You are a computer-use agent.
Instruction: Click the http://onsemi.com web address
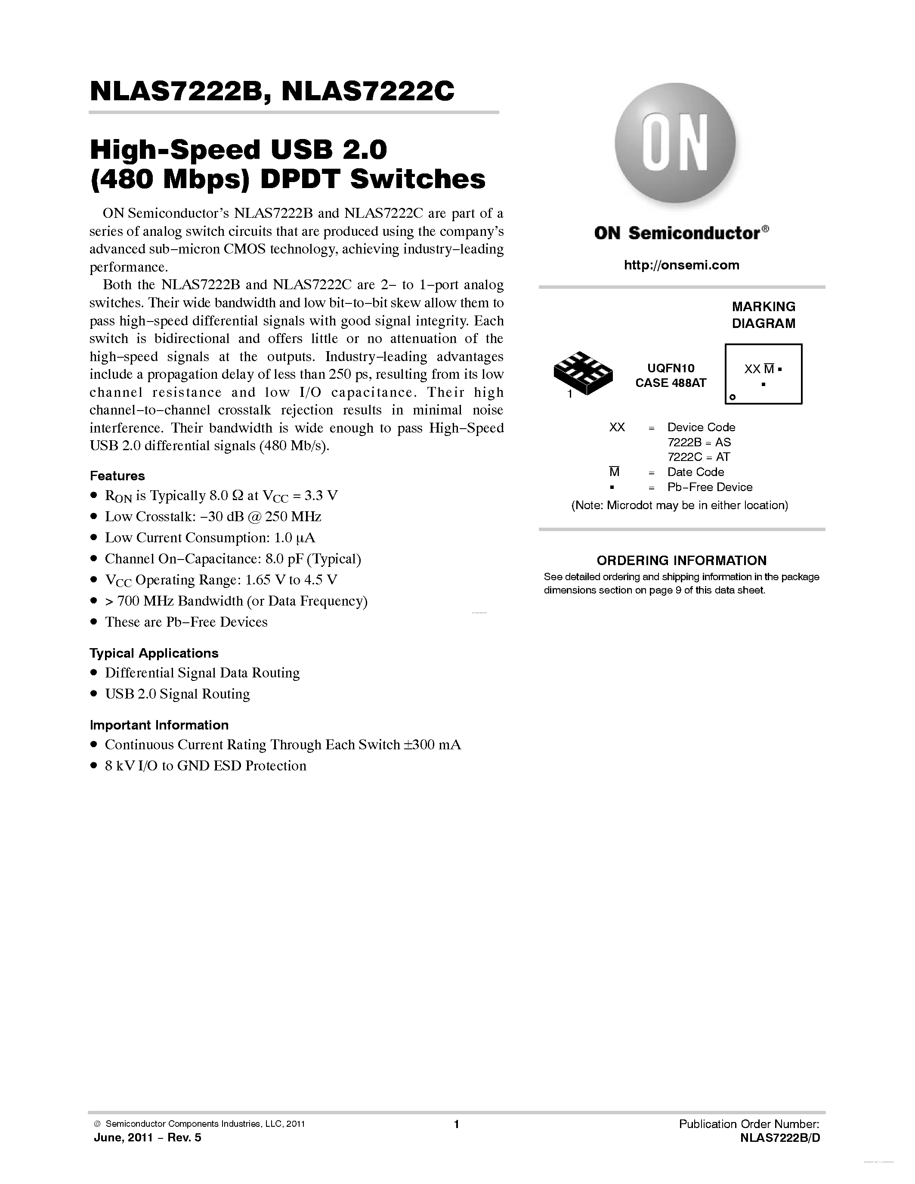(681, 265)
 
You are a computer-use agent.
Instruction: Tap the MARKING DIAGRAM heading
(763, 315)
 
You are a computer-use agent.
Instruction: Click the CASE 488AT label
(671, 383)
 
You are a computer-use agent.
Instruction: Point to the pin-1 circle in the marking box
(733, 397)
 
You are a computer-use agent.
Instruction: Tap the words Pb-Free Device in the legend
(710, 487)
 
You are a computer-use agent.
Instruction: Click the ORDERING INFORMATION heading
(681, 560)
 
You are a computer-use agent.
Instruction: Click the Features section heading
(117, 476)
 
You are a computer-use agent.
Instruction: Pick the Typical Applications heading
(154, 653)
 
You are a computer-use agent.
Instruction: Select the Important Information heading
(159, 725)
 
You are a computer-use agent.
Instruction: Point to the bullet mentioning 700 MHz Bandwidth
(236, 601)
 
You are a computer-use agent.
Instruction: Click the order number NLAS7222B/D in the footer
(779, 1138)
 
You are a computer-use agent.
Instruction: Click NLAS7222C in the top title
(368, 92)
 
